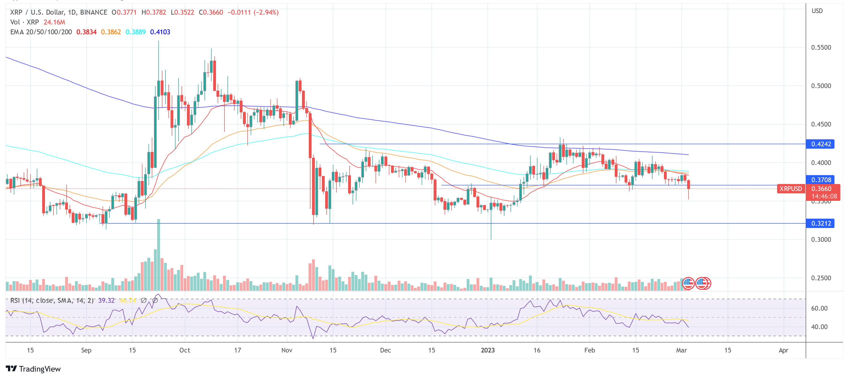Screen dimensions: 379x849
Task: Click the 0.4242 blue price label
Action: click(x=821, y=144)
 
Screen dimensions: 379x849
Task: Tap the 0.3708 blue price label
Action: click(x=821, y=180)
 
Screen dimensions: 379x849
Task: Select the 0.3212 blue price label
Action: click(x=821, y=223)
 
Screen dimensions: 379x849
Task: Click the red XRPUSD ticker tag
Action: click(x=790, y=189)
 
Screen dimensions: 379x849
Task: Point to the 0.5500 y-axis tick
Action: click(x=821, y=48)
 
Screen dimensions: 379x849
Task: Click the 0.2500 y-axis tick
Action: click(x=821, y=278)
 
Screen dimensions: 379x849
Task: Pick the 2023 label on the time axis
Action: click(x=488, y=350)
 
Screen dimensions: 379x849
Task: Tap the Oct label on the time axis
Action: click(x=185, y=350)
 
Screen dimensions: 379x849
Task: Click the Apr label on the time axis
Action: click(x=783, y=350)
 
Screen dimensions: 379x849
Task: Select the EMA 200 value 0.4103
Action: click(x=160, y=32)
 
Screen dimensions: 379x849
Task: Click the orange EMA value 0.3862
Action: click(x=111, y=32)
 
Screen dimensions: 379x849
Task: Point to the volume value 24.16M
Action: click(x=54, y=22)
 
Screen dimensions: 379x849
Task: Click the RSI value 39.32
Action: click(x=106, y=300)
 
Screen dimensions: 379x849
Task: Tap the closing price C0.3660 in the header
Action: click(x=211, y=12)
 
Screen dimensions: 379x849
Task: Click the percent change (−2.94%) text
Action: click(x=266, y=12)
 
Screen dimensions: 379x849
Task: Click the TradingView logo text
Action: click(x=40, y=369)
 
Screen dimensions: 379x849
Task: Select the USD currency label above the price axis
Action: click(x=817, y=11)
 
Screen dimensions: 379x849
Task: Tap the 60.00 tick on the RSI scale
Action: click(x=819, y=308)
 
